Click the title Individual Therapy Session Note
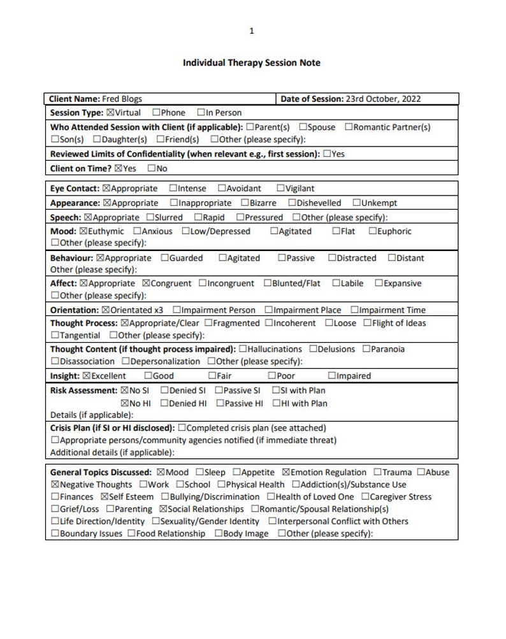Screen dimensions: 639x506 pos(252,62)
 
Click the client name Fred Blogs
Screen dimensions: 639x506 pos(122,99)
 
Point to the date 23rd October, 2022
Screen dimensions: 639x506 pos(382,99)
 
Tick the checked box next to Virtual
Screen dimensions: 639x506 pos(110,113)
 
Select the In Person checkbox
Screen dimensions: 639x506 pos(201,113)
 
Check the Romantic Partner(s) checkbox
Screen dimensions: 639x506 pos(349,127)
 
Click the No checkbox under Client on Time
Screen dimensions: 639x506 pos(152,169)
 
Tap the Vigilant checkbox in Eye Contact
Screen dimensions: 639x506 pos(280,189)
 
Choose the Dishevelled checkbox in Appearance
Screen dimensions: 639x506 pos(292,203)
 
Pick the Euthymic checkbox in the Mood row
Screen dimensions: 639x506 pos(83,231)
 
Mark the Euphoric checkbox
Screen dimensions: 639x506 pos(372,231)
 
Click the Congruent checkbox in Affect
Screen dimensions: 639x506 pos(146,284)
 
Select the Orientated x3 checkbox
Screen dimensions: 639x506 pos(106,310)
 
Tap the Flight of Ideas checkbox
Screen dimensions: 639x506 pos(368,323)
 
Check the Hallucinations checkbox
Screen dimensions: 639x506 pos(243,349)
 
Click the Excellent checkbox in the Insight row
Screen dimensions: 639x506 pos(87,376)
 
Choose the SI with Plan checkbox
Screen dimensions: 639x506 pos(276,391)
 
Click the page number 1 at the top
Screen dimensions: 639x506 pos(252,31)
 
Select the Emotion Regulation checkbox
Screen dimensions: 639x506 pos(286,473)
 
